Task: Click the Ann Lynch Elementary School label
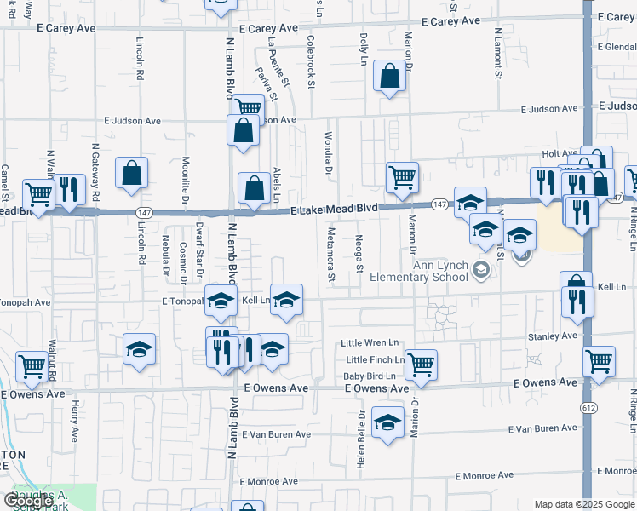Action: (440, 270)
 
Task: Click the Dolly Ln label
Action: (364, 49)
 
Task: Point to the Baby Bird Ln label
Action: (370, 376)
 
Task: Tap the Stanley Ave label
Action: (553, 336)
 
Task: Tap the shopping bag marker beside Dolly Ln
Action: (389, 77)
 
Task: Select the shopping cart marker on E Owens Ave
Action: (421, 365)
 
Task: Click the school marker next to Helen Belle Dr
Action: (387, 422)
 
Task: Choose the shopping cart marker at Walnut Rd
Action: (32, 366)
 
